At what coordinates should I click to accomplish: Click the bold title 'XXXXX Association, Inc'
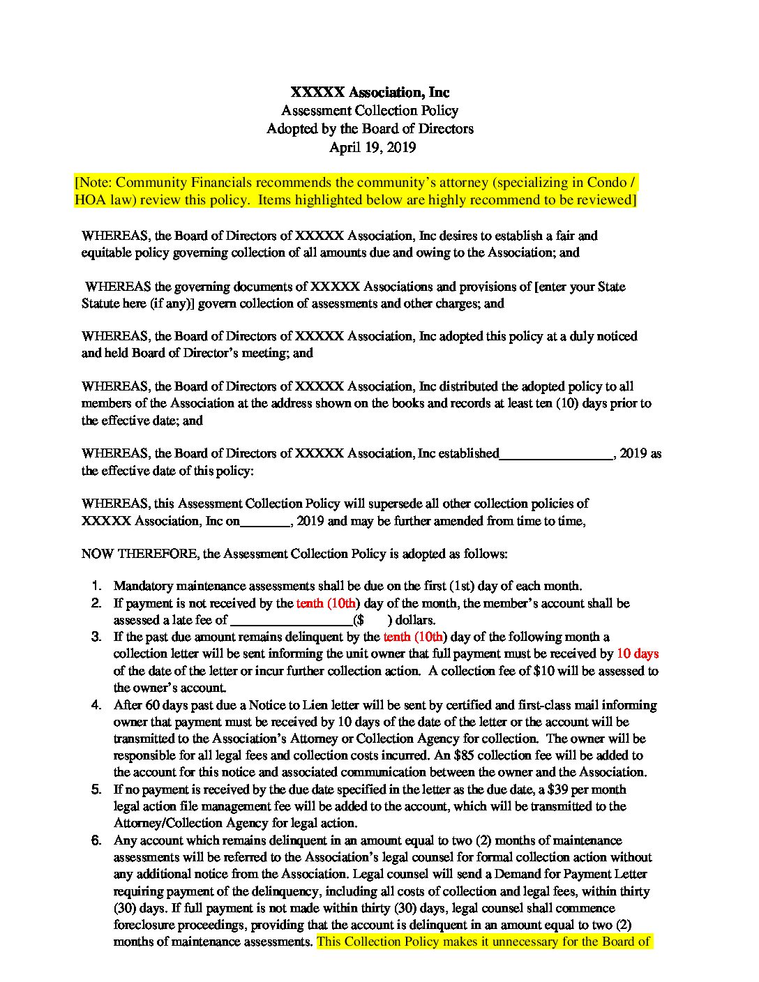(370, 92)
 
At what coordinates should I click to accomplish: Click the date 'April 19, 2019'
(373, 146)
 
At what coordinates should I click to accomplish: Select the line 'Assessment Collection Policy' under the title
(370, 110)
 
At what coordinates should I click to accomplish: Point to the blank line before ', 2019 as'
(556, 454)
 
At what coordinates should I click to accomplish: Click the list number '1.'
(96, 586)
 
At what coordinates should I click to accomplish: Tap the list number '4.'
(96, 705)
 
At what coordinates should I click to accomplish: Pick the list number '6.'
(96, 840)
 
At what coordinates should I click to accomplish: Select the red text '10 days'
(638, 654)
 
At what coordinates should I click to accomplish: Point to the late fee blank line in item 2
(290, 621)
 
